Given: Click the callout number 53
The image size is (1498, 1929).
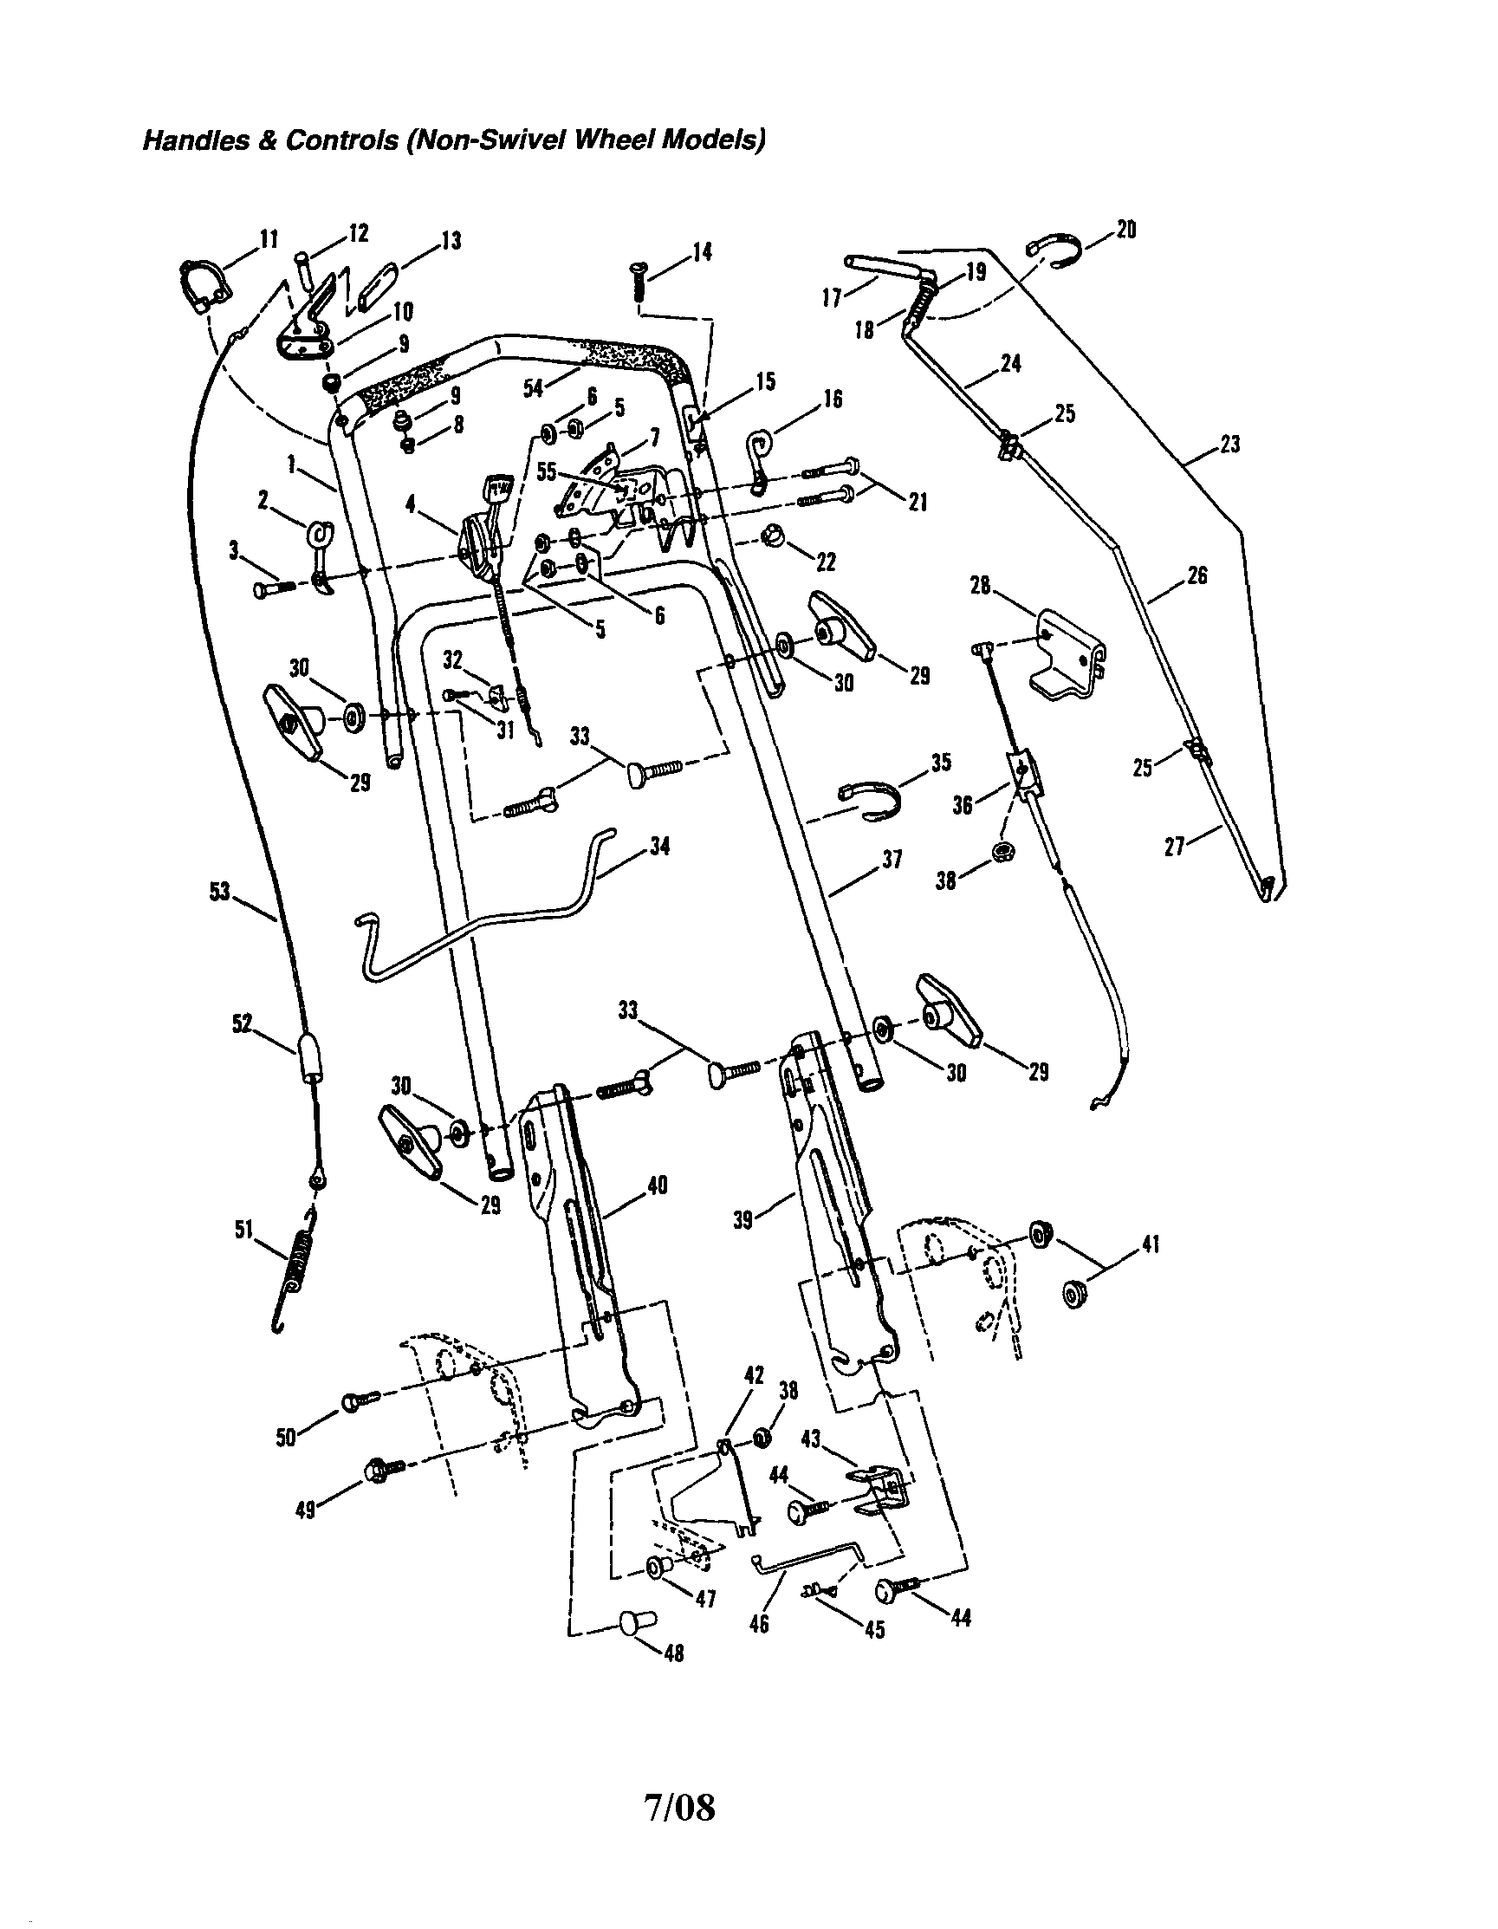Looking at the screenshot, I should coord(219,892).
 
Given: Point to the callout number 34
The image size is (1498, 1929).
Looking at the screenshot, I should coord(659,847).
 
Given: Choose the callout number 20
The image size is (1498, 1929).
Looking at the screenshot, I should coord(1125,231).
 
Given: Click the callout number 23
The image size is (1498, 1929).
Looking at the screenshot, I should coord(1230,445).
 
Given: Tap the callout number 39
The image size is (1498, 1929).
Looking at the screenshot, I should coord(743,1220).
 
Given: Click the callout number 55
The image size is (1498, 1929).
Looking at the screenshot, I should coord(547,471).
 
